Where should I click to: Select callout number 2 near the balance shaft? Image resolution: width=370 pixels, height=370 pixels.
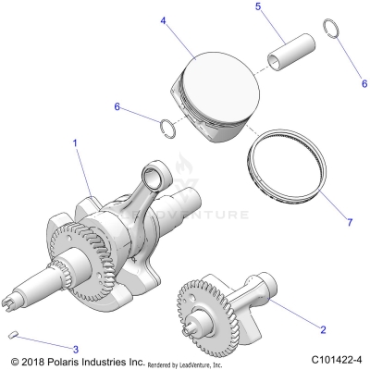[x=323, y=329]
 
